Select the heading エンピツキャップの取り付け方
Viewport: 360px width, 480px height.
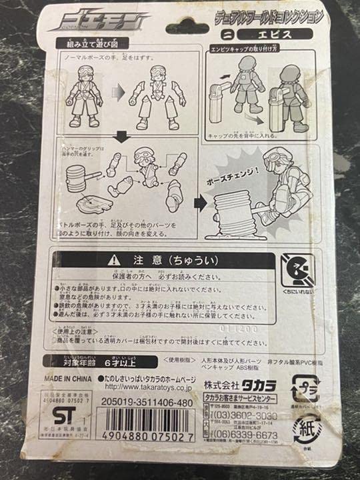245,49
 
